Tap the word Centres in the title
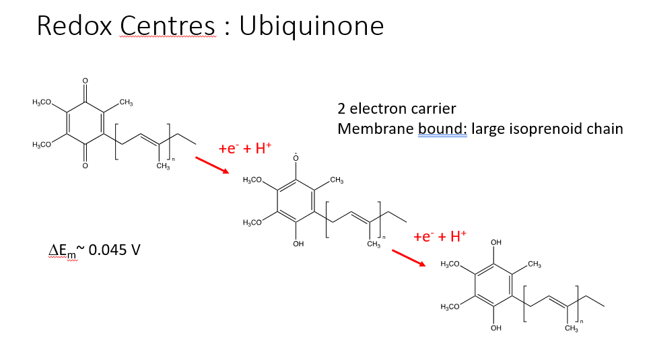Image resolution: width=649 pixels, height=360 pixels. [x=168, y=26]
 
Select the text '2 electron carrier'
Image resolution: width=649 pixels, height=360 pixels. [x=397, y=109]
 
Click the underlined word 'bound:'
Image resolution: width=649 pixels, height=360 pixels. [x=442, y=129]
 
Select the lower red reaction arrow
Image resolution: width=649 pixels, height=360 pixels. [x=409, y=258]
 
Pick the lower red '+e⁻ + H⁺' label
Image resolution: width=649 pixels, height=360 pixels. [x=440, y=237]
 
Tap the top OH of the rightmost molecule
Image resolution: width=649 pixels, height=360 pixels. [x=496, y=242]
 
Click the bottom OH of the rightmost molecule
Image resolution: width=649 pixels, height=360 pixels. [x=496, y=328]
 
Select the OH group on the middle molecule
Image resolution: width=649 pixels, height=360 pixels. [x=298, y=244]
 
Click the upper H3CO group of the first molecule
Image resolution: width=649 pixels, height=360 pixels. [x=42, y=102]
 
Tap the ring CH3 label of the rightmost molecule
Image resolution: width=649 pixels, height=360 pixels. [x=535, y=264]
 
